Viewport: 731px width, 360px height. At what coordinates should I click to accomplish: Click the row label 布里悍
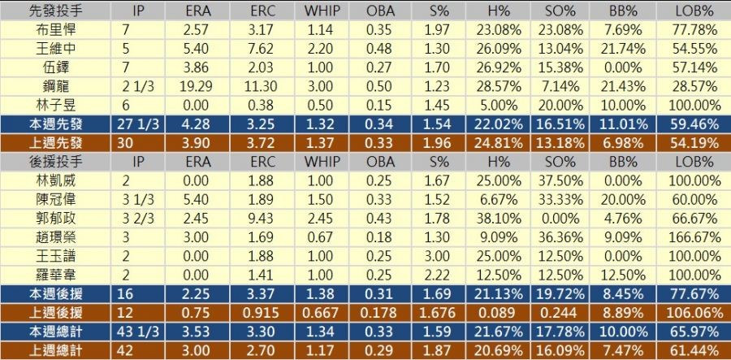click(x=54, y=29)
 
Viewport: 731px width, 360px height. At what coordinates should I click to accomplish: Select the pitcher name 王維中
click(x=54, y=48)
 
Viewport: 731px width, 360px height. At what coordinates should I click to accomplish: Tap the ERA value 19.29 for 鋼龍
click(x=196, y=86)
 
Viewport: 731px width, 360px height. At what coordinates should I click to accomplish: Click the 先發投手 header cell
click(x=54, y=11)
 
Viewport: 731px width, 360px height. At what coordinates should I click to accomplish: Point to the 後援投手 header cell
click(x=54, y=161)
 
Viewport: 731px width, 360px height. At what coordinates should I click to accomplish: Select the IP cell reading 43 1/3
click(x=138, y=331)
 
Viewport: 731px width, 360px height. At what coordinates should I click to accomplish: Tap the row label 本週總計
click(x=54, y=331)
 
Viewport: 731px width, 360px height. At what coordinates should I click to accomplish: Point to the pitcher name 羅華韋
click(x=54, y=274)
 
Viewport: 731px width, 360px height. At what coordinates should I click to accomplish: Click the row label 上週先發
click(x=54, y=142)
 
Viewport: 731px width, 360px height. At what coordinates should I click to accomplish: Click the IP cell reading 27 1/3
click(x=138, y=124)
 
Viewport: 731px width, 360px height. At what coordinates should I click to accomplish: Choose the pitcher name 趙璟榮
click(x=54, y=236)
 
